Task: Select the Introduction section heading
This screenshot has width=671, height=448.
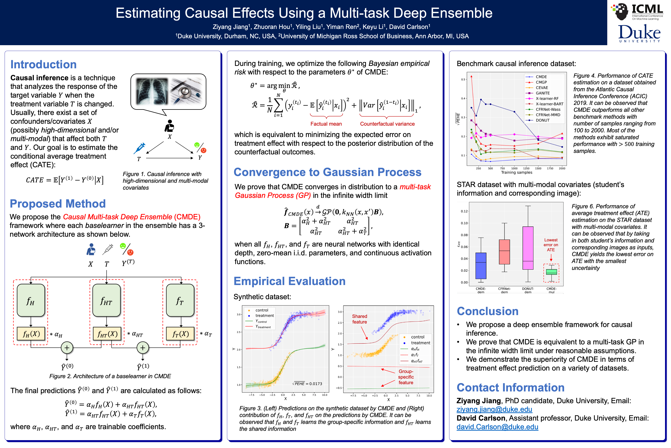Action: pos(43,65)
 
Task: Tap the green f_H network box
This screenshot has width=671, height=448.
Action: pos(31,300)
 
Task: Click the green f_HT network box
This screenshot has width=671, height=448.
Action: pos(106,300)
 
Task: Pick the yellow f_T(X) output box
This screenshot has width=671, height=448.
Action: pos(180,334)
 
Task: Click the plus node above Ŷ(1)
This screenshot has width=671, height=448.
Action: pos(143,348)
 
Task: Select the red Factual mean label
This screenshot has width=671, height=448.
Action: pos(326,124)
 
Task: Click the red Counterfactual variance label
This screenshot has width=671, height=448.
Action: pos(387,124)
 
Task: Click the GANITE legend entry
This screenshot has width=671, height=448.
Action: pos(542,93)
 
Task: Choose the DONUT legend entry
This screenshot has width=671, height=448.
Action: pos(542,120)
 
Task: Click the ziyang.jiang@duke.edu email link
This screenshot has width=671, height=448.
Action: pos(494,409)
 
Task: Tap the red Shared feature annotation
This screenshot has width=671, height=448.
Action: pos(360,319)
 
